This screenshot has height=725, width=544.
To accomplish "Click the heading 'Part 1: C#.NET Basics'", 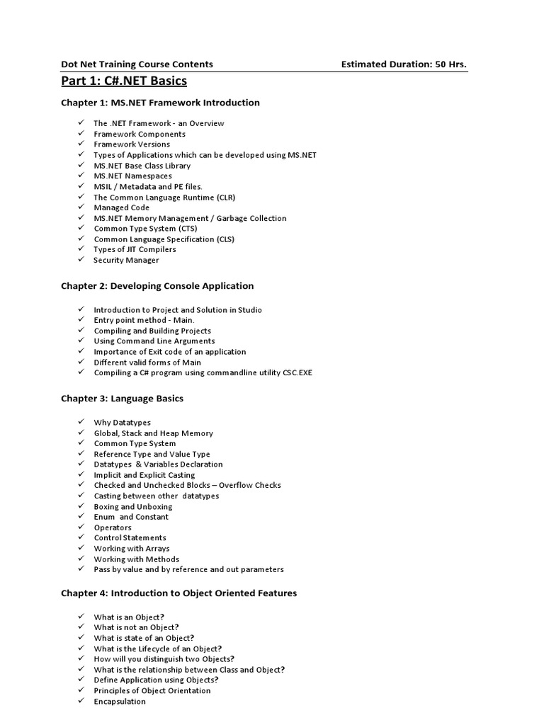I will pyautogui.click(x=124, y=81).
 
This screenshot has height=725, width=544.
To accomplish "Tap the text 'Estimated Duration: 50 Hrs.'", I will pyautogui.click(x=404, y=64).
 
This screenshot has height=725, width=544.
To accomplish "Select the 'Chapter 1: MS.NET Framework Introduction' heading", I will pyautogui.click(x=160, y=103).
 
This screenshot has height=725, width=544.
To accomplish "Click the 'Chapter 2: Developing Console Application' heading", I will pyautogui.click(x=157, y=286).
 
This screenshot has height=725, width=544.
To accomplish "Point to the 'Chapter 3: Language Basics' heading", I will pyautogui.click(x=122, y=399).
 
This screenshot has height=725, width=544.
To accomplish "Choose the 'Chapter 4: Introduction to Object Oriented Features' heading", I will pyautogui.click(x=178, y=593).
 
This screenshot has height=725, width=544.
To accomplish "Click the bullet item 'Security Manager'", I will pyautogui.click(x=126, y=260).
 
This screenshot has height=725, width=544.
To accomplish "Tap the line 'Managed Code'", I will pyautogui.click(x=121, y=207).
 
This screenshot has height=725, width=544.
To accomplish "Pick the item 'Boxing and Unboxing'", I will pyautogui.click(x=133, y=507).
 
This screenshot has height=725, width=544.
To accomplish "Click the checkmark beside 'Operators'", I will pyautogui.click(x=81, y=527).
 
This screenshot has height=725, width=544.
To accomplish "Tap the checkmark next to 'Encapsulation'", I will pyautogui.click(x=81, y=701).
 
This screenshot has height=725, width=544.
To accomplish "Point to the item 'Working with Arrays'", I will pyautogui.click(x=132, y=549).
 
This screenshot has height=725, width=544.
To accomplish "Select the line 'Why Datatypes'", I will pyautogui.click(x=123, y=423).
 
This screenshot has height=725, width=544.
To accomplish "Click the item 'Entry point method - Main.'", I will pyautogui.click(x=144, y=320).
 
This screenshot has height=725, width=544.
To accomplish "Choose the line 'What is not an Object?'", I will pyautogui.click(x=137, y=627).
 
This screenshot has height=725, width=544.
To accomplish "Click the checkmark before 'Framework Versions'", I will pyautogui.click(x=81, y=144).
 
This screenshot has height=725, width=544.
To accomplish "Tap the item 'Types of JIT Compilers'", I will pyautogui.click(x=135, y=249).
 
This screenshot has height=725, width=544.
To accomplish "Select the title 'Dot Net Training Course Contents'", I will pyautogui.click(x=137, y=64).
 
